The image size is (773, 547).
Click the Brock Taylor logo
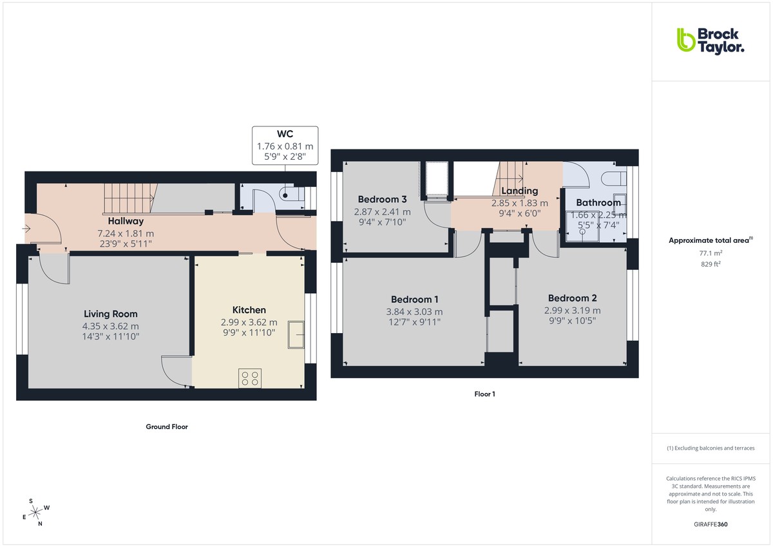click(710, 40)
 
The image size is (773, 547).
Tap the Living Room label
click(111, 314)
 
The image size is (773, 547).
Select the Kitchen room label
click(249, 310)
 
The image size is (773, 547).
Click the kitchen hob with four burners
click(249, 377)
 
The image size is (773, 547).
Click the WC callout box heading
click(285, 134)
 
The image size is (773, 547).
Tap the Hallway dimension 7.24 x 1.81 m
click(126, 233)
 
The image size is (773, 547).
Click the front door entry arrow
click(26, 228)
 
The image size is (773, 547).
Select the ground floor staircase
click(131, 197)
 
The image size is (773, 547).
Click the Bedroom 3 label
click(382, 199)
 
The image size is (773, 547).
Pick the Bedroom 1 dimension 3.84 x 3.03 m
click(415, 312)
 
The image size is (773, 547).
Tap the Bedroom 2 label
click(572, 298)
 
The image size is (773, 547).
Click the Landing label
click(519, 191)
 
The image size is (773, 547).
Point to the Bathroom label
click(598, 202)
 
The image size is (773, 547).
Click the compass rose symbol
click(36, 512)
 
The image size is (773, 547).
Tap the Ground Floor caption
click(166, 427)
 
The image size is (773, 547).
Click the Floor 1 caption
click(484, 394)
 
